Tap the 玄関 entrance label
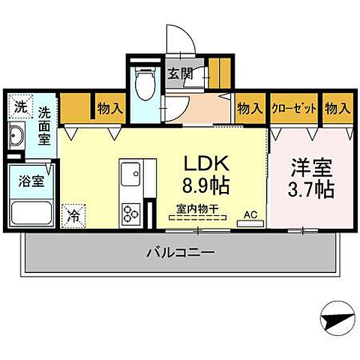click(x=178, y=73)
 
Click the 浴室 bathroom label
click(x=29, y=181)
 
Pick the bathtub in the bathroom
click(x=30, y=213)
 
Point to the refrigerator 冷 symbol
click(x=73, y=214)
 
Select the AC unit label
click(x=250, y=214)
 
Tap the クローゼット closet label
click(x=294, y=108)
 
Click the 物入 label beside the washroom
click(x=110, y=108)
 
